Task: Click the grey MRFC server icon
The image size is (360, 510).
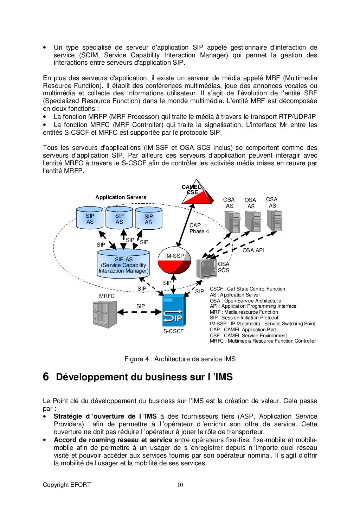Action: click(104, 314)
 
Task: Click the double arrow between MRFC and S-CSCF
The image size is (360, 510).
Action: click(140, 312)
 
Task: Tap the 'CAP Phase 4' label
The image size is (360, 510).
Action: click(199, 228)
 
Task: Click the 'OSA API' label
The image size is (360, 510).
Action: click(253, 250)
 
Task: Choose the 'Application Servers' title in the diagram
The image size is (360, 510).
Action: click(121, 197)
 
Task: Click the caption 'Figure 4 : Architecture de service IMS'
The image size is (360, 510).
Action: click(180, 359)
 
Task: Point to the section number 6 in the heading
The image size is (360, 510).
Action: click(46, 377)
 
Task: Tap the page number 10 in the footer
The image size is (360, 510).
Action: click(180, 485)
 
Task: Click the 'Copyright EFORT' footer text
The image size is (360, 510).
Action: click(67, 485)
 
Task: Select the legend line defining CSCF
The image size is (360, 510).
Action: click(247, 289)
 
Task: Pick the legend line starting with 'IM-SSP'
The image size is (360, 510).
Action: click(262, 324)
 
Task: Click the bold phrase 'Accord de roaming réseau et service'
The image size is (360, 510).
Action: click(113, 440)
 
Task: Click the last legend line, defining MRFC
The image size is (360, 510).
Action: click(263, 341)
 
